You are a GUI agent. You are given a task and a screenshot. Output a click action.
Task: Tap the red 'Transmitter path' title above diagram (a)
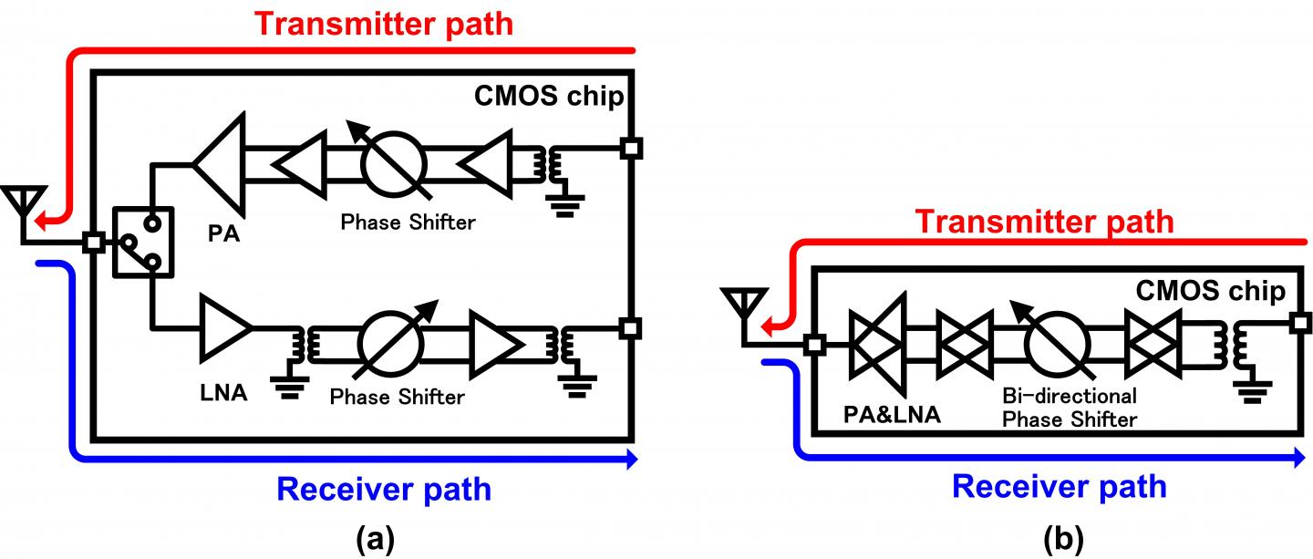coord(384,23)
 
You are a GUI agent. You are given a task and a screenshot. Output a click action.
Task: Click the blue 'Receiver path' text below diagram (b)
coord(1059,486)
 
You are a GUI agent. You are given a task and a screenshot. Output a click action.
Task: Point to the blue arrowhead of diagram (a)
coord(628,462)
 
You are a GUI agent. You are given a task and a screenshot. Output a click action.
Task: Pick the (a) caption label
coord(374,541)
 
